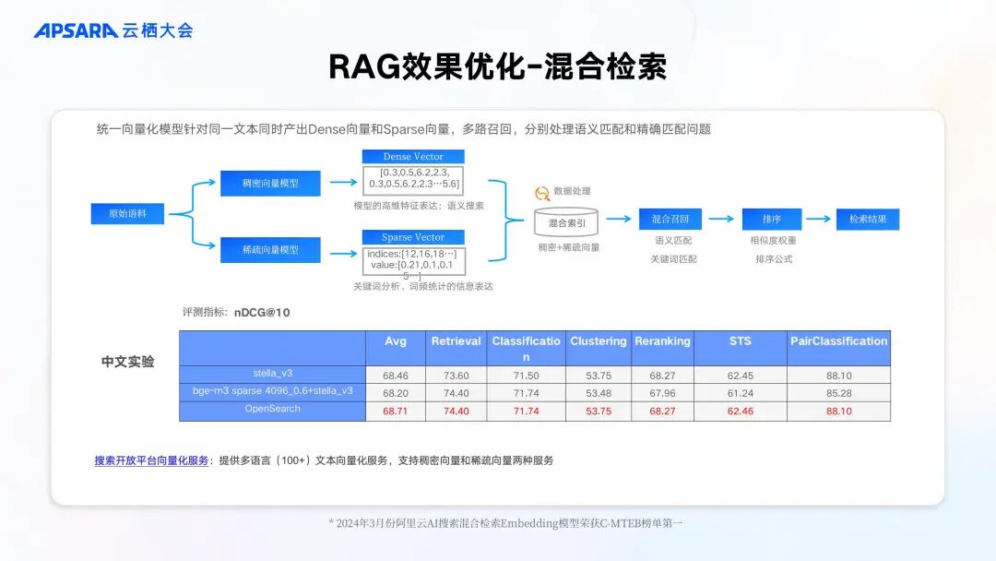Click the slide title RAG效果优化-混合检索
point(497,67)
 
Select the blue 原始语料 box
point(127,214)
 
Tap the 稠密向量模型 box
point(270,183)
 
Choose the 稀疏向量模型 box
point(270,249)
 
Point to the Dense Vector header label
point(413,157)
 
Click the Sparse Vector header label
point(413,237)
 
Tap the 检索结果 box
point(867,220)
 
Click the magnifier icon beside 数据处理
point(542,192)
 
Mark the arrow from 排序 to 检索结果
point(817,220)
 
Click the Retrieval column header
point(456,341)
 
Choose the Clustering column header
point(598,341)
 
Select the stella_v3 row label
point(272,374)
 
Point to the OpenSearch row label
point(272,409)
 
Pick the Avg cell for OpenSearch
point(395,412)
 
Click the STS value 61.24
point(740,393)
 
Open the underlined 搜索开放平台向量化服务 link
point(151,460)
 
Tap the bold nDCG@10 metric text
point(262,313)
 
